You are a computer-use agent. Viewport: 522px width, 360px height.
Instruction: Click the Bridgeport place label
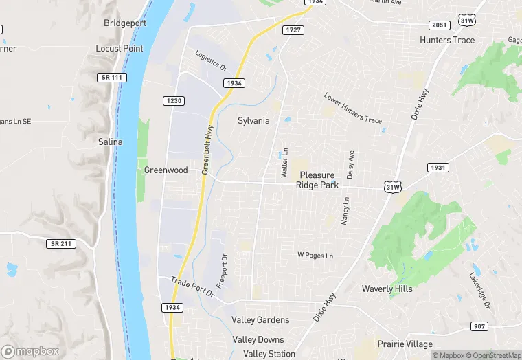[x=124, y=23]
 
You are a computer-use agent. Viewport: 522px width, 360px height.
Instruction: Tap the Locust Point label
[x=120, y=49]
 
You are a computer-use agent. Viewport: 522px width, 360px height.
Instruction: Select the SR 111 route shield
[x=111, y=78]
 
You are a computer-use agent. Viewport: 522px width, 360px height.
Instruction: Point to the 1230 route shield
[x=174, y=101]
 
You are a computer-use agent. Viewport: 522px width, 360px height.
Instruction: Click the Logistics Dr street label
[x=211, y=61]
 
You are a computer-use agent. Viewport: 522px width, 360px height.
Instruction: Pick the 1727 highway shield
[x=294, y=30]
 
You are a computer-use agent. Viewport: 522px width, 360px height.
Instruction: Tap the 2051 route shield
[x=440, y=25]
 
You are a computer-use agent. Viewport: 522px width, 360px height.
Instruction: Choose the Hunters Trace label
[x=447, y=40]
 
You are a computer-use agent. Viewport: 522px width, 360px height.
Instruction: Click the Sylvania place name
[x=253, y=120]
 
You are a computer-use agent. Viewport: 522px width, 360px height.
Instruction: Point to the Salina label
[x=110, y=142]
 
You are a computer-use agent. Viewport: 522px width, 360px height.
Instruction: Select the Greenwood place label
[x=166, y=170]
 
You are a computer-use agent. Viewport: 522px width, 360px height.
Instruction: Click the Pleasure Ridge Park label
[x=317, y=180]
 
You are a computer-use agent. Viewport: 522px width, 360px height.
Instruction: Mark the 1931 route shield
[x=438, y=168]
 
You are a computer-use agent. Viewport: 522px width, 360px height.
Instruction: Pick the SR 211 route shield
[x=61, y=244]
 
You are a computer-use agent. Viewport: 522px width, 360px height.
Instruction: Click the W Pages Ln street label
[x=315, y=256]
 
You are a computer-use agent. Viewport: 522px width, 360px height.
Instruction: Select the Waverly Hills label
[x=387, y=289]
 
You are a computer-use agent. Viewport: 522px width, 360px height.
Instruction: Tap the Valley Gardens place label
[x=260, y=320]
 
